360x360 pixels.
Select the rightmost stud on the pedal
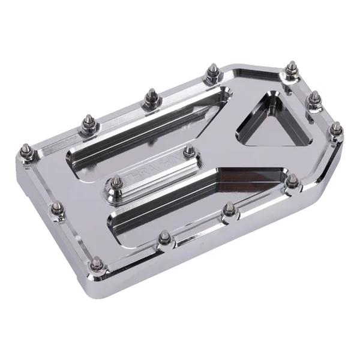click(x=337, y=128)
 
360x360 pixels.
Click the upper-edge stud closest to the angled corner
click(x=211, y=72)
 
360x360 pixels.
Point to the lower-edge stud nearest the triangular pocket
click(x=292, y=181)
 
